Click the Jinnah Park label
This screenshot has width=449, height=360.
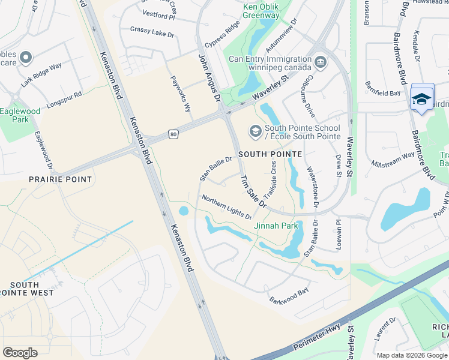(x=276, y=226)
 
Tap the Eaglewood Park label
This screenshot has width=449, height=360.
(x=20, y=115)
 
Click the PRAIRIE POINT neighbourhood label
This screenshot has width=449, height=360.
(x=61, y=179)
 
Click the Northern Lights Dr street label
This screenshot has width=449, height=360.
(x=226, y=207)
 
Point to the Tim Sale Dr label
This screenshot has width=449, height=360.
(x=253, y=191)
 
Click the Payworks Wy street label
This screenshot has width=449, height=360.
(x=180, y=94)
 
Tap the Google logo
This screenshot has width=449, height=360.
(x=20, y=352)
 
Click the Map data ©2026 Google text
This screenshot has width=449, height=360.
(x=412, y=355)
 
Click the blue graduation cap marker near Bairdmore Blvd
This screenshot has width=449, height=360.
(x=422, y=98)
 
